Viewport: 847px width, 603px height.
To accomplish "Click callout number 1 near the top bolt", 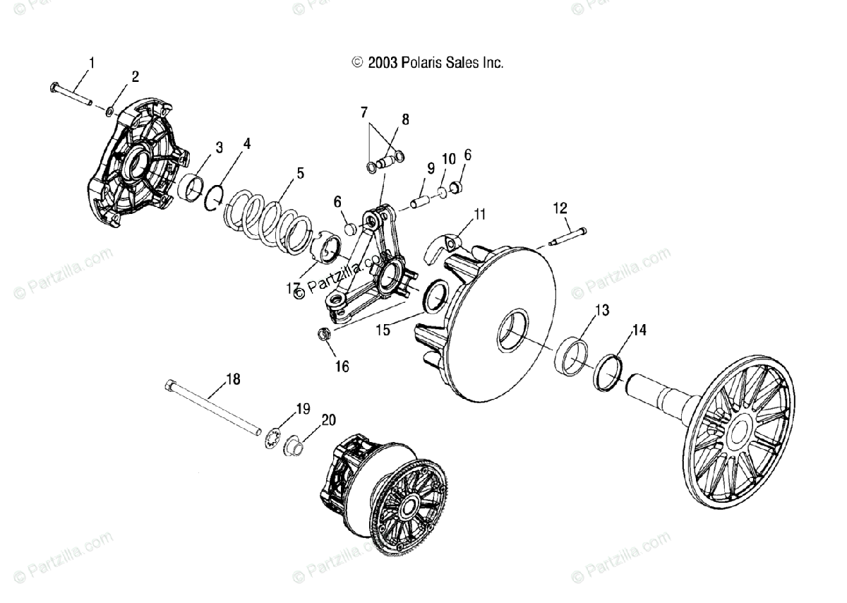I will [90, 63].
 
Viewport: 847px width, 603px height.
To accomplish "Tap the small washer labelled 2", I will [111, 111].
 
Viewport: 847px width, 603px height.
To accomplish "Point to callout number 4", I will [246, 143].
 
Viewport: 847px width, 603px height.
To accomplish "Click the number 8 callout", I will [405, 119].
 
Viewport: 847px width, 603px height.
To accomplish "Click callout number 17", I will [294, 287].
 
